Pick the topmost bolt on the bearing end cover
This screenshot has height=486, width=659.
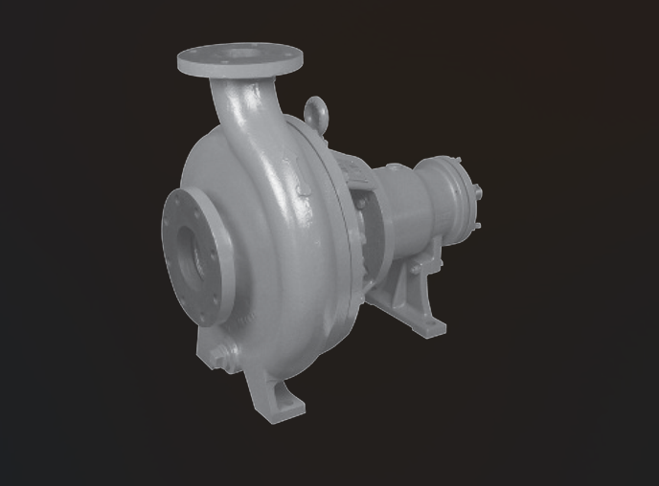click(x=458, y=161)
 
